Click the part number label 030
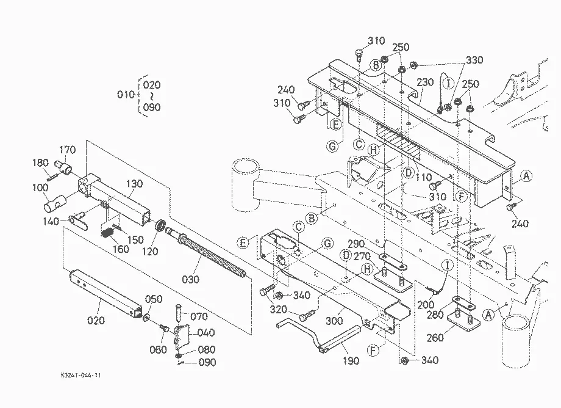click(190, 279)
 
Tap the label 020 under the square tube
click(96, 320)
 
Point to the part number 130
click(134, 183)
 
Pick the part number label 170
click(67, 150)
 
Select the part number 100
click(40, 188)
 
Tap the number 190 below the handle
click(351, 360)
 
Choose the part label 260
click(435, 337)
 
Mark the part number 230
click(425, 82)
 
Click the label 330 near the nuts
click(474, 59)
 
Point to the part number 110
click(423, 177)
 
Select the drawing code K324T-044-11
click(81, 375)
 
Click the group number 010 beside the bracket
click(126, 94)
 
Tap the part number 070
click(199, 316)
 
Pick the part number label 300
click(334, 320)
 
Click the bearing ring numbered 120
click(160, 226)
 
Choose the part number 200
click(426, 305)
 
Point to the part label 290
click(356, 244)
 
